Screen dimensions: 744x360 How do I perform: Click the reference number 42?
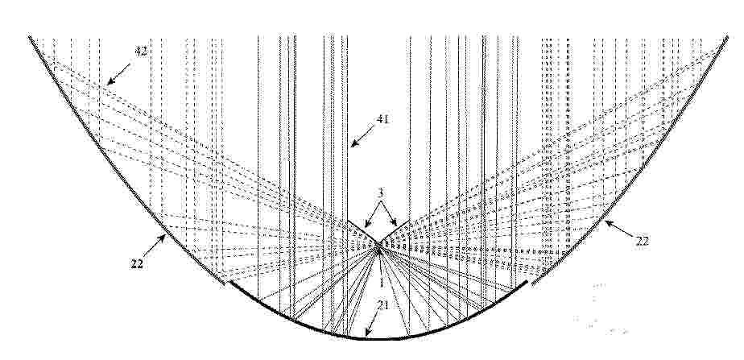tap(140, 52)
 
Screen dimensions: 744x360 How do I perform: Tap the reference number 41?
tap(382, 119)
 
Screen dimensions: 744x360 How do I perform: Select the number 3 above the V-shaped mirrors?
tap(381, 192)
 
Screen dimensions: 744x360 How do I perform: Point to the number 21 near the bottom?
tap(383, 305)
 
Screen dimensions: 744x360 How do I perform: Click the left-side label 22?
tap(137, 264)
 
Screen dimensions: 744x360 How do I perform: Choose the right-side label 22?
tap(642, 242)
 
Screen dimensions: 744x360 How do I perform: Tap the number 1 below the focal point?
tap(380, 282)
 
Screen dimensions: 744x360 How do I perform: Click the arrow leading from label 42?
tap(118, 74)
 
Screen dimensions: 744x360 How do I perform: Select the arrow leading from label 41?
tap(362, 136)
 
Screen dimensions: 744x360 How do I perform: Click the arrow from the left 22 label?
tap(155, 246)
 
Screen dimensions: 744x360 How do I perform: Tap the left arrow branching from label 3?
tap(372, 214)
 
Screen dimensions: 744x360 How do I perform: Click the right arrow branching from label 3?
tap(389, 213)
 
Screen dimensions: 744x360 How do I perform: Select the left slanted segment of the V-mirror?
tap(363, 233)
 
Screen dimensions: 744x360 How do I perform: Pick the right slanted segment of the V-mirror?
tap(394, 233)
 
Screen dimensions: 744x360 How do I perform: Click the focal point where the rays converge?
tap(379, 247)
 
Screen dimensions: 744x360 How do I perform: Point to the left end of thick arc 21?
tap(230, 283)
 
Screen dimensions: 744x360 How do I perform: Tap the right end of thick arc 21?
tap(527, 282)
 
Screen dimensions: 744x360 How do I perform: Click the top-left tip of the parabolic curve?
tap(30, 36)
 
